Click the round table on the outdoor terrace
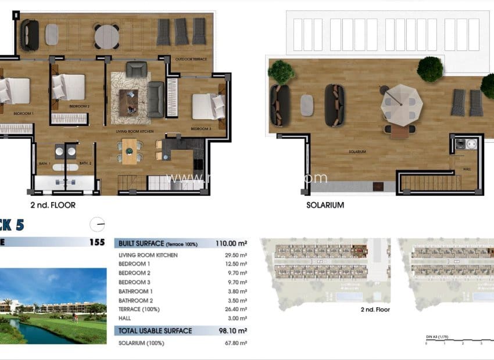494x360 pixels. (106, 36)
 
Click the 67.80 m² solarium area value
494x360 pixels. (235, 343)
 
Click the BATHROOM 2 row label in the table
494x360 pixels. (137, 301)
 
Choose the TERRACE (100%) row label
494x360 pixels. (139, 309)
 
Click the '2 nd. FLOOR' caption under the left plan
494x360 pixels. (53, 205)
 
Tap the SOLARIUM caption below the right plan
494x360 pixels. (325, 205)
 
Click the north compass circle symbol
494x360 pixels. (98, 224)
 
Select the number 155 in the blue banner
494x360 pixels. (98, 243)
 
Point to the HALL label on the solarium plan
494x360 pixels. (467, 170)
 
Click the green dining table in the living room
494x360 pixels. (129, 153)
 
